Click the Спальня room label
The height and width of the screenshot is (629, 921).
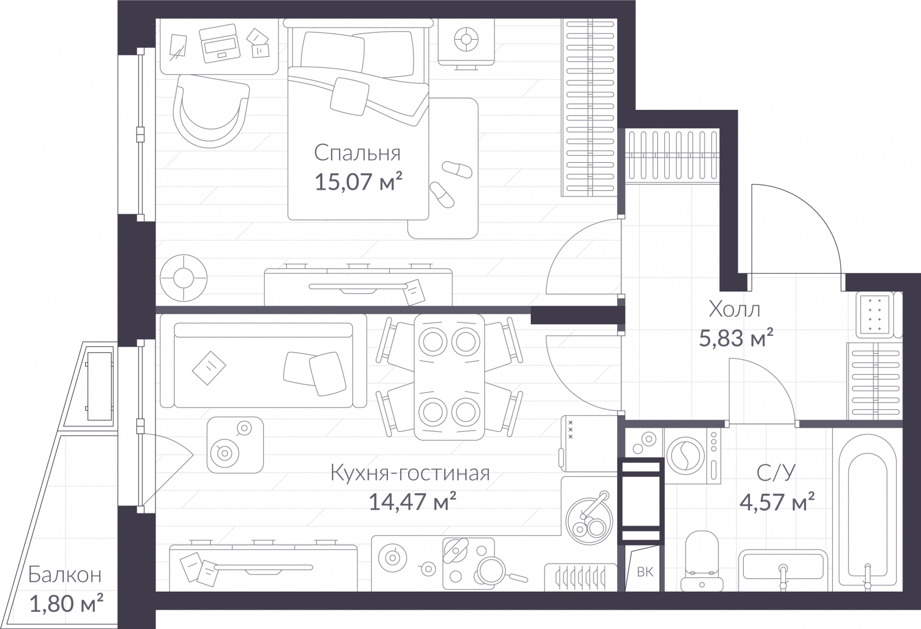click(x=357, y=153)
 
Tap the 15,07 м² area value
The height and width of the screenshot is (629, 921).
click(x=357, y=181)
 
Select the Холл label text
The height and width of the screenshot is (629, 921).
click(x=734, y=309)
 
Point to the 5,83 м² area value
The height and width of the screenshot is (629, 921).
click(x=736, y=338)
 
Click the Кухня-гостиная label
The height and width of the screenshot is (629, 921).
click(x=410, y=473)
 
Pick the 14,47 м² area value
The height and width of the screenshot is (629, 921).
click(x=412, y=501)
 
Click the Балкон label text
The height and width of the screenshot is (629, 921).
click(x=65, y=575)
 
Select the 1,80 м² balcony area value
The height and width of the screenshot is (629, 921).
click(x=66, y=604)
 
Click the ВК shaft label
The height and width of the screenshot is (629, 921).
click(x=645, y=572)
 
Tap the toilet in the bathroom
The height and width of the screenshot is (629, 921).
click(x=702, y=561)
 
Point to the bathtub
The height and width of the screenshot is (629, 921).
click(x=867, y=509)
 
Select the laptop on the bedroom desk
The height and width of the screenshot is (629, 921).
click(x=219, y=44)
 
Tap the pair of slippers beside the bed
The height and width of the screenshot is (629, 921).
click(x=450, y=184)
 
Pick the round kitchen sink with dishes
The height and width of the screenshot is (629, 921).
click(x=589, y=521)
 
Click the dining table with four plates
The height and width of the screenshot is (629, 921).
click(x=449, y=377)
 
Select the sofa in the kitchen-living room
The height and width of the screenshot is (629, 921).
click(x=263, y=361)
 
